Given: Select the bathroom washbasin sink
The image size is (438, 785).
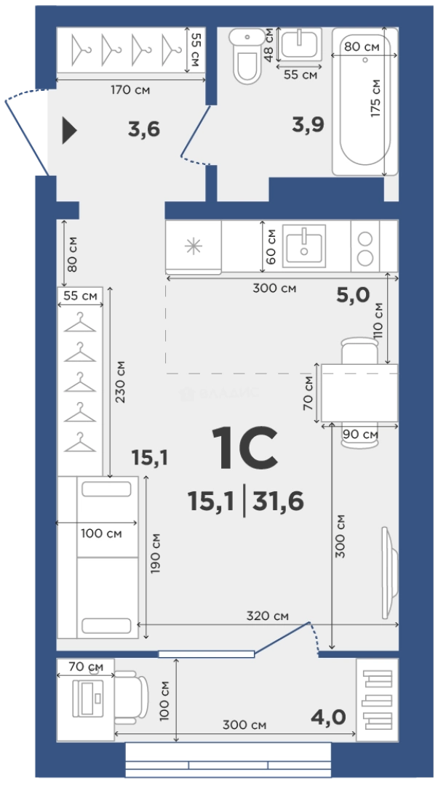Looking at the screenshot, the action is (x=298, y=44).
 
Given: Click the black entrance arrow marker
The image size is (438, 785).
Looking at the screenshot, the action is (x=69, y=130).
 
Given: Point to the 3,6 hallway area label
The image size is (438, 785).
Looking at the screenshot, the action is (x=144, y=129).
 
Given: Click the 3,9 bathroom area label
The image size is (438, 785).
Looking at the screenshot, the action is (x=308, y=124).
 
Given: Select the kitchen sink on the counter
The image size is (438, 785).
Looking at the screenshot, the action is (x=303, y=246).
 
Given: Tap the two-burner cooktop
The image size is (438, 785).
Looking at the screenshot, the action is (x=365, y=246).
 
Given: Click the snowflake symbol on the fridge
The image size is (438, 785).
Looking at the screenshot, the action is (x=194, y=246).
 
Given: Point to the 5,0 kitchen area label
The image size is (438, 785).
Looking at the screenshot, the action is (x=353, y=295).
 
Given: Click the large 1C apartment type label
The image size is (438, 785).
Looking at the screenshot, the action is (x=244, y=448).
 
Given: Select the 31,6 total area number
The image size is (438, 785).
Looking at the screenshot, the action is (x=278, y=501).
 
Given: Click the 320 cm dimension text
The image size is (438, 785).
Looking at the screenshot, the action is (x=267, y=616).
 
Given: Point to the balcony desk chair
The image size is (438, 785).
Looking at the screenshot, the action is (x=131, y=697).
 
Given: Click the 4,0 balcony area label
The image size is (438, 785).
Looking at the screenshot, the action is (x=328, y=717).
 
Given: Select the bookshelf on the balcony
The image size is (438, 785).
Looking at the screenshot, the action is (x=378, y=699).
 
